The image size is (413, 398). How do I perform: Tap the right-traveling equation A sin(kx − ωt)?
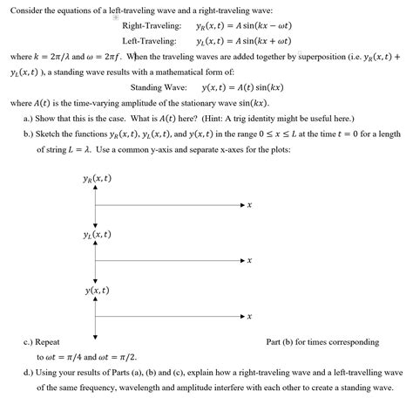[227, 28]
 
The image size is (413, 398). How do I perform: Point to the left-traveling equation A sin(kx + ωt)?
[227, 41]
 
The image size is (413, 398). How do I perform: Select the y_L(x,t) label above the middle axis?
[97, 235]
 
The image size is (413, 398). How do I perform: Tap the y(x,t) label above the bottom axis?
[97, 290]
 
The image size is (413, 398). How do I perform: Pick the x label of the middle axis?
[249, 261]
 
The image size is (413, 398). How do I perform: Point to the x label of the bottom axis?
[249, 316]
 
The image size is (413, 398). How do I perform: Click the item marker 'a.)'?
[30, 118]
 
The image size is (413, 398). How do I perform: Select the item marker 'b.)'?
[30, 134]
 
